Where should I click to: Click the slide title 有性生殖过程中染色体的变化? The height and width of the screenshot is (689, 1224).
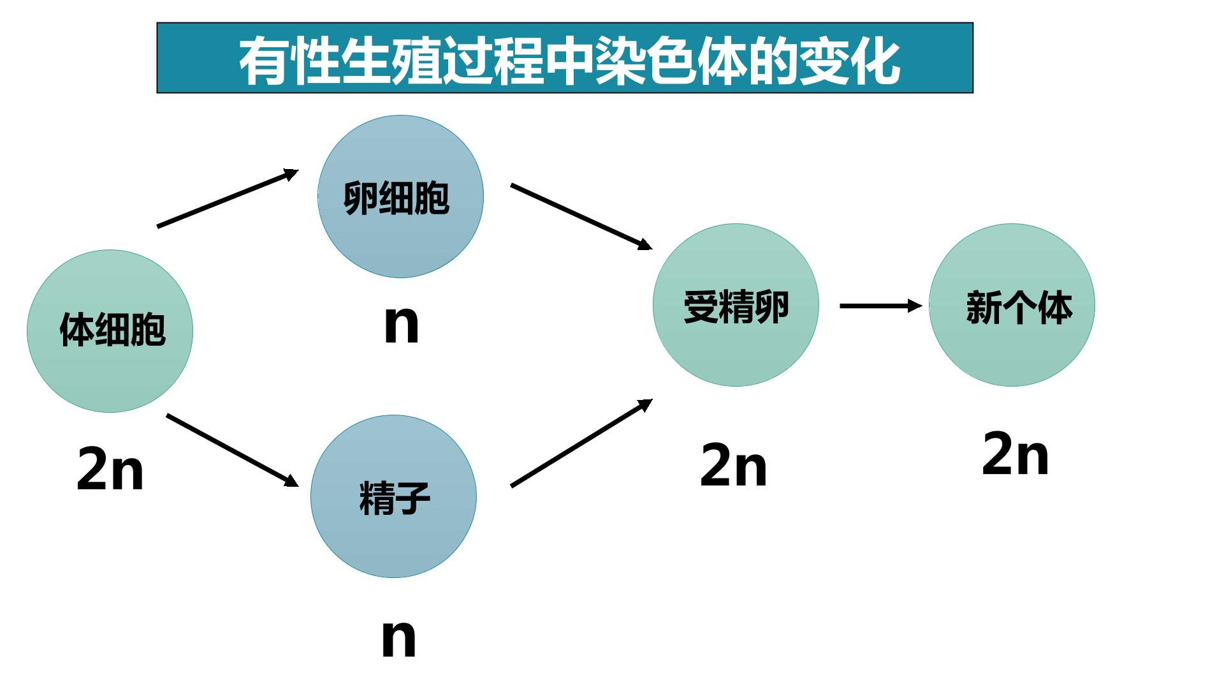tap(569, 61)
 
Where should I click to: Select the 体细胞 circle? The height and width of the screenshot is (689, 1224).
tap(110, 331)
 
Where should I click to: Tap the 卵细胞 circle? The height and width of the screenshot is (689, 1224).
tap(400, 196)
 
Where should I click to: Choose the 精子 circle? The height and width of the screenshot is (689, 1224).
tap(393, 496)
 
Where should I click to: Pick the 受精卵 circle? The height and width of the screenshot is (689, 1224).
tap(736, 305)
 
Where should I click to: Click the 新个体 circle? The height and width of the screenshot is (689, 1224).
tap(1012, 305)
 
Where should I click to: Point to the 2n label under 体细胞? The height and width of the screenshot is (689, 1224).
tap(110, 468)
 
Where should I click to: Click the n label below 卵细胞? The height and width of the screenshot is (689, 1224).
tap(402, 324)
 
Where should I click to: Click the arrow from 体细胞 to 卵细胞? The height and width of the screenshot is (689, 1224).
tap(228, 198)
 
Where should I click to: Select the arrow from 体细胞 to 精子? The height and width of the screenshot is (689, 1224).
tap(233, 450)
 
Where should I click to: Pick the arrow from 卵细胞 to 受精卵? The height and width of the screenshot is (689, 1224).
tap(581, 216)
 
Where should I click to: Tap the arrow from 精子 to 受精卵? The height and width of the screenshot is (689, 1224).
tap(581, 443)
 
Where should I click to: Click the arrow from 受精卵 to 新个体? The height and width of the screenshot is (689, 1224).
tap(881, 306)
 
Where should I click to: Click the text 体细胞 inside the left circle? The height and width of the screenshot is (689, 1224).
tap(113, 329)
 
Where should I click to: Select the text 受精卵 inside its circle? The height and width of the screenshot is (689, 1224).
tap(736, 306)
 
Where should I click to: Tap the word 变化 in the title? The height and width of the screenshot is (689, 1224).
tap(850, 61)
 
